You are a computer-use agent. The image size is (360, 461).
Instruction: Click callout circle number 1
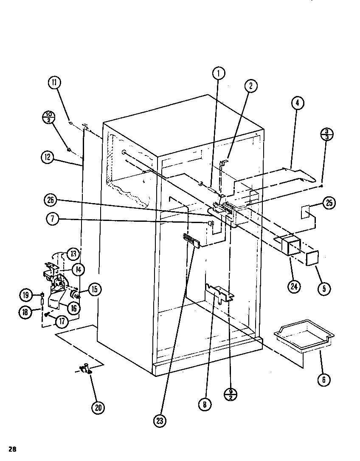[x=218, y=74]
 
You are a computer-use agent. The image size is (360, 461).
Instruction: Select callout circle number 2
[x=250, y=86]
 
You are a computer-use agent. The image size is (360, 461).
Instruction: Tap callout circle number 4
[x=298, y=102]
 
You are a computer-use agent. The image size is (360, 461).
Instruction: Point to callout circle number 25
[x=329, y=204]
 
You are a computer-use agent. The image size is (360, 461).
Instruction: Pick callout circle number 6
[x=323, y=379]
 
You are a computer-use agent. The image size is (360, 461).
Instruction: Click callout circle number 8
[x=204, y=404]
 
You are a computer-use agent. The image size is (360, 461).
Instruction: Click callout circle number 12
[x=48, y=157]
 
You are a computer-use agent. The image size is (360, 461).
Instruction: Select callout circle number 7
[x=51, y=220]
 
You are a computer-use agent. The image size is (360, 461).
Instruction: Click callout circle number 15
[x=94, y=290]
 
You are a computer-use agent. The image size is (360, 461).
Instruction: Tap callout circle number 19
[x=25, y=294]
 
